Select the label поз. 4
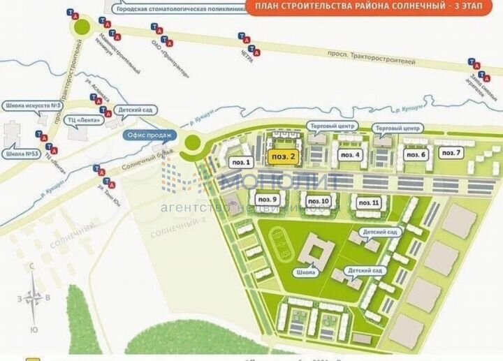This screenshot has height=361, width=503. point(349,154)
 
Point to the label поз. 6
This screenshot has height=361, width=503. point(414,154)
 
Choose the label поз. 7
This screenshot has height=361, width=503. point(451,152)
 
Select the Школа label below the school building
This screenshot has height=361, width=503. point(305,272)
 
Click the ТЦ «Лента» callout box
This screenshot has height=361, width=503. point(83,119)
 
